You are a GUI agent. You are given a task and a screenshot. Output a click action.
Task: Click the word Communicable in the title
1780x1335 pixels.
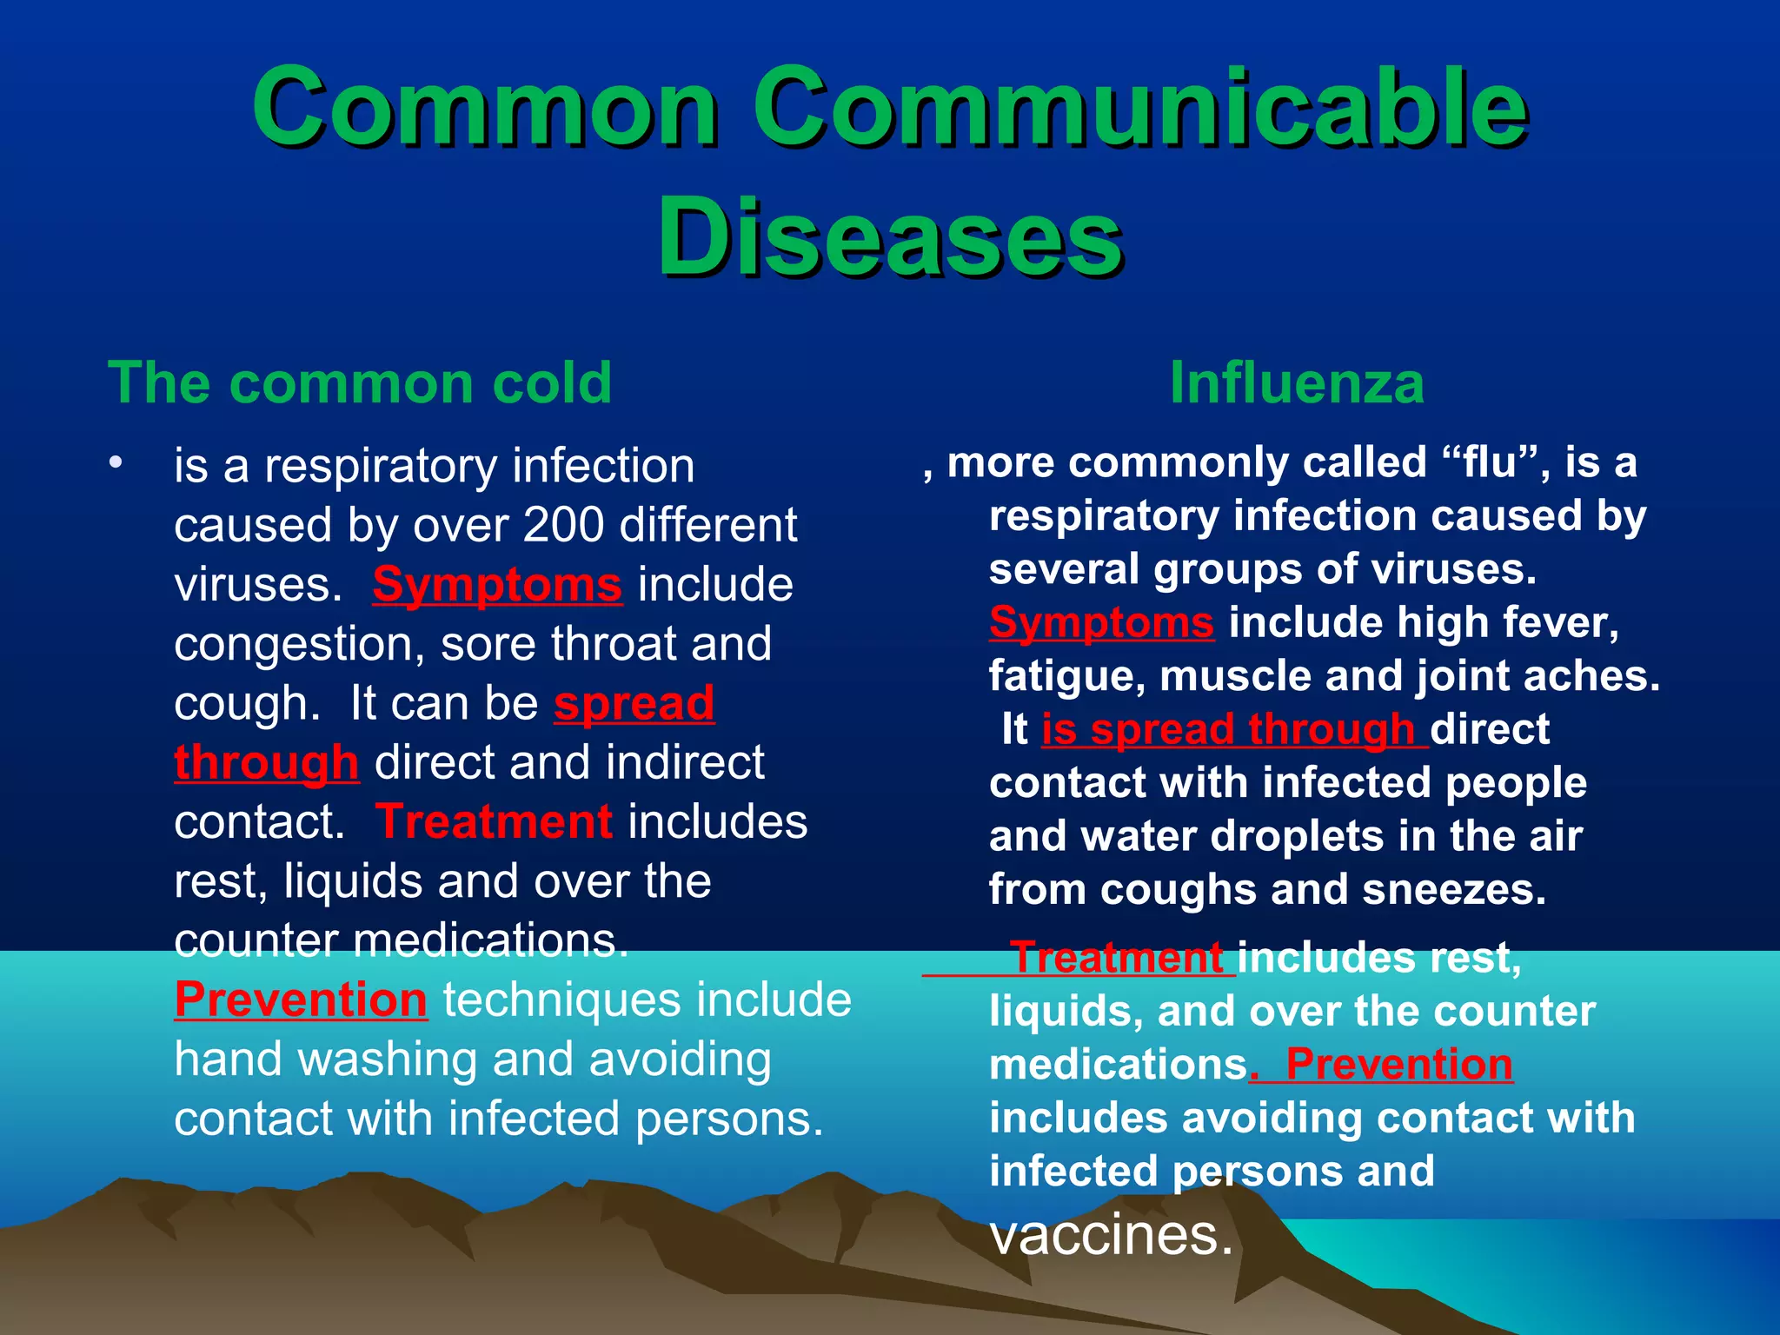coord(1139,109)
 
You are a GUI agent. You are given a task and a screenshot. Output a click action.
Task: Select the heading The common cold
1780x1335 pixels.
coord(360,382)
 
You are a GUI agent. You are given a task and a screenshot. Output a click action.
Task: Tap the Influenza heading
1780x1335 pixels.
coord(1296,382)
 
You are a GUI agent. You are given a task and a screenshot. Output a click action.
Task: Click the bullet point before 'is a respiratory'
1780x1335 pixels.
coord(116,463)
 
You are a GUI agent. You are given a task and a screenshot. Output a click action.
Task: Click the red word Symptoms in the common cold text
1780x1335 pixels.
coord(497,584)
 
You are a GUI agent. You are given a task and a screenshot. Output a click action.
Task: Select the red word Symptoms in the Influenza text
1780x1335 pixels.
coord(1101,622)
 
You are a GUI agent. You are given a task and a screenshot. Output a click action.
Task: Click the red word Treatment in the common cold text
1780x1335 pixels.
coord(494,821)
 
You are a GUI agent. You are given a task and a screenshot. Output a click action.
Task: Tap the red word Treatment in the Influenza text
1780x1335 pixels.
coord(1117,958)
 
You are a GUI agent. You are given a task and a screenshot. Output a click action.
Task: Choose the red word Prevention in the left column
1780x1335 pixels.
coord(301,1000)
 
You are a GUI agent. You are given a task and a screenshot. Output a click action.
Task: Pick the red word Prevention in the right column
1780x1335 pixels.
coord(1399,1064)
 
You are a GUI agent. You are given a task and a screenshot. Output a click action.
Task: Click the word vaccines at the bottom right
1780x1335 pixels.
coord(1111,1234)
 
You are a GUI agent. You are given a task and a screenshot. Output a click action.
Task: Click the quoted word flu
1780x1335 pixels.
coord(1489,462)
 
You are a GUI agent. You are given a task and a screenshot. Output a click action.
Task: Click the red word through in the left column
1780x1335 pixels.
coord(266,763)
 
